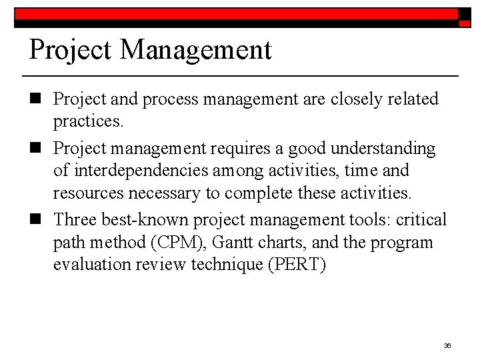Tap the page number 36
coord(447,345)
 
